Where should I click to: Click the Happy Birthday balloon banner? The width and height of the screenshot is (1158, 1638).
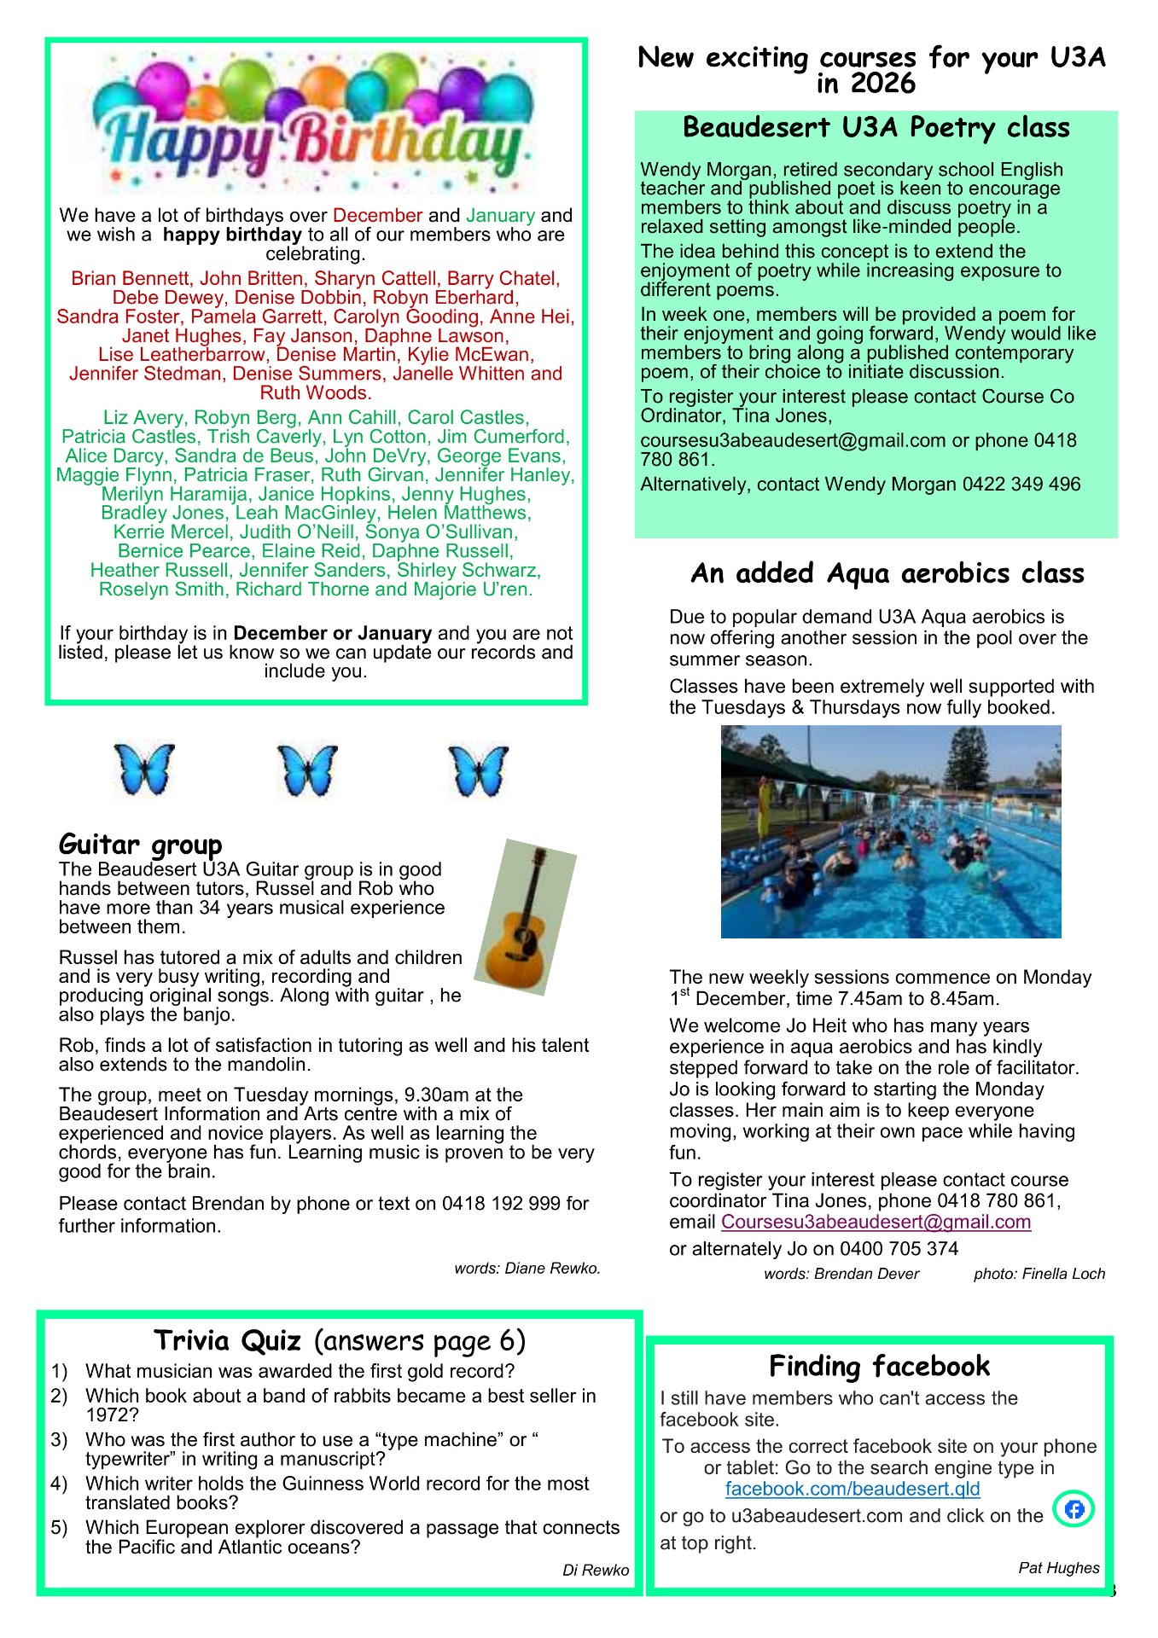[314, 122]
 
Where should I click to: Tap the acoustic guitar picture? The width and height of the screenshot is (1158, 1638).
[526, 916]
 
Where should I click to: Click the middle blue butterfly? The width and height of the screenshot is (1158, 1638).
[307, 770]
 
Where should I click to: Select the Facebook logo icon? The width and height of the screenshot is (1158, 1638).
[1074, 1509]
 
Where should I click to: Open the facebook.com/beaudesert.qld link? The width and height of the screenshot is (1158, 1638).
[852, 1489]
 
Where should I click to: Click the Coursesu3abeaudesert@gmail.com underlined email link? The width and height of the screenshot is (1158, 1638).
[876, 1222]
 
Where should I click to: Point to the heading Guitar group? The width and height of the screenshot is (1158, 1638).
[140, 845]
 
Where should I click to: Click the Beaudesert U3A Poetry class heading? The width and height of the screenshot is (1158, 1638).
[876, 128]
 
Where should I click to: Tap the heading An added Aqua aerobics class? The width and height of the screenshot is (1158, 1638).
[887, 573]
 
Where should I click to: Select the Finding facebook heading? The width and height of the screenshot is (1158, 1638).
[879, 1366]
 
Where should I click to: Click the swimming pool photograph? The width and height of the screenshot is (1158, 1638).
[890, 832]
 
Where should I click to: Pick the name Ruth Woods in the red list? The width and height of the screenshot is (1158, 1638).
[316, 393]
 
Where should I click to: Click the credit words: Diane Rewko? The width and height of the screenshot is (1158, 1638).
[527, 1269]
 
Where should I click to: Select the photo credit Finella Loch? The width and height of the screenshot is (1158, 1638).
[1039, 1274]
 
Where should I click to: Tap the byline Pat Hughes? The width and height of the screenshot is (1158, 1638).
[1058, 1568]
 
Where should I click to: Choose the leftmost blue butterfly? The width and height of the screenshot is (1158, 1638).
[143, 770]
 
